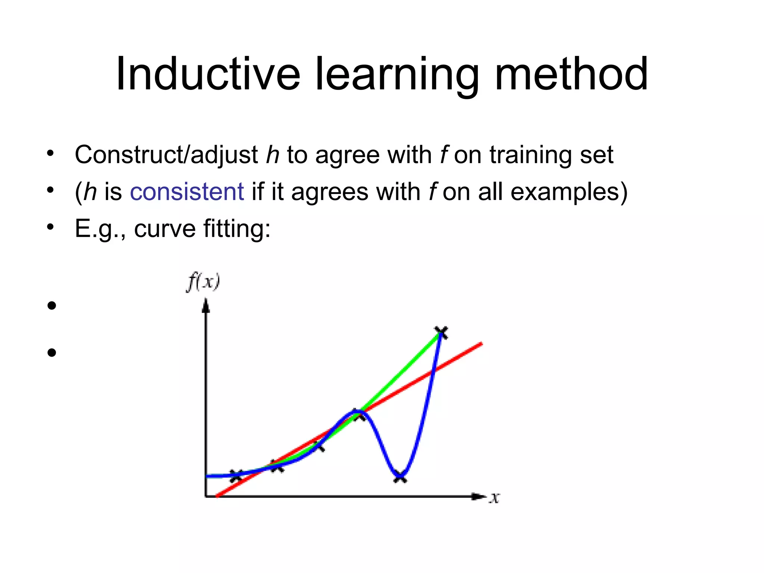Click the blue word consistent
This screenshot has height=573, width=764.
pos(187,192)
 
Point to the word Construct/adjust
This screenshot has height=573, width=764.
pos(166,155)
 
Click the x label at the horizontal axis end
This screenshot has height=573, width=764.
pos(495,498)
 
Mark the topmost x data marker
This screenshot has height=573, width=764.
pos(441,332)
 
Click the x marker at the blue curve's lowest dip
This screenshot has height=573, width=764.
pos(400,477)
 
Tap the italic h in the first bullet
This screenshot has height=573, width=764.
pos(272,155)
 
